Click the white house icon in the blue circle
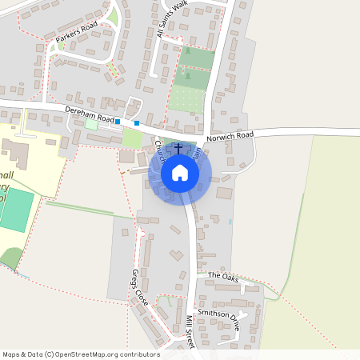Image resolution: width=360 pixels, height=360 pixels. [180, 173]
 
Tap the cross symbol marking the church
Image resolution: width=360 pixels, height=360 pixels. [178, 150]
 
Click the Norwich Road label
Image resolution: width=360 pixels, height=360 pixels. [230, 136]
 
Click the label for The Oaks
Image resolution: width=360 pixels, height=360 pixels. [223, 276]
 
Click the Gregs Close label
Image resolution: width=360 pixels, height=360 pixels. [141, 287]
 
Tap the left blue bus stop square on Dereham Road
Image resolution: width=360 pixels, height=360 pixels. [118, 122]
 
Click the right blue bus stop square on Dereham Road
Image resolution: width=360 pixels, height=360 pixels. [137, 122]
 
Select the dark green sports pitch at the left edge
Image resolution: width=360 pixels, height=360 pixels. [16, 210]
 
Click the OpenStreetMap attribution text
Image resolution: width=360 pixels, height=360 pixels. [80, 354]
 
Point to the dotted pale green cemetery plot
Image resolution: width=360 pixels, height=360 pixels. [186, 99]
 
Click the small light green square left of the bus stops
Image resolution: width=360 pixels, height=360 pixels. [91, 125]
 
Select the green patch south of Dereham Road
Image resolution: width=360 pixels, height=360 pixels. [132, 138]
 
